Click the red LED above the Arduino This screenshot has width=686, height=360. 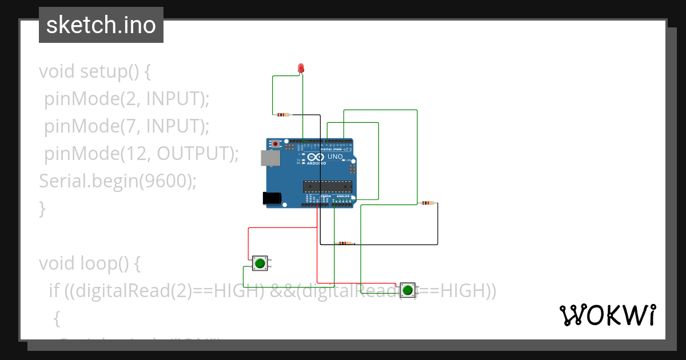point(301,69)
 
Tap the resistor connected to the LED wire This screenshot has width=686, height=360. point(282,115)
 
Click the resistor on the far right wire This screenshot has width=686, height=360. point(427,203)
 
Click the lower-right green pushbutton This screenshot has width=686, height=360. point(408,290)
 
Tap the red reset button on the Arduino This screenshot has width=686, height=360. point(276,143)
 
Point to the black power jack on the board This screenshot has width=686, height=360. point(272,198)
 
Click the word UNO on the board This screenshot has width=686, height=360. point(335,157)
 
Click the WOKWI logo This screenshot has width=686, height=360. point(607,315)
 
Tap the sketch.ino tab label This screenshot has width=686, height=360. point(101,25)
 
